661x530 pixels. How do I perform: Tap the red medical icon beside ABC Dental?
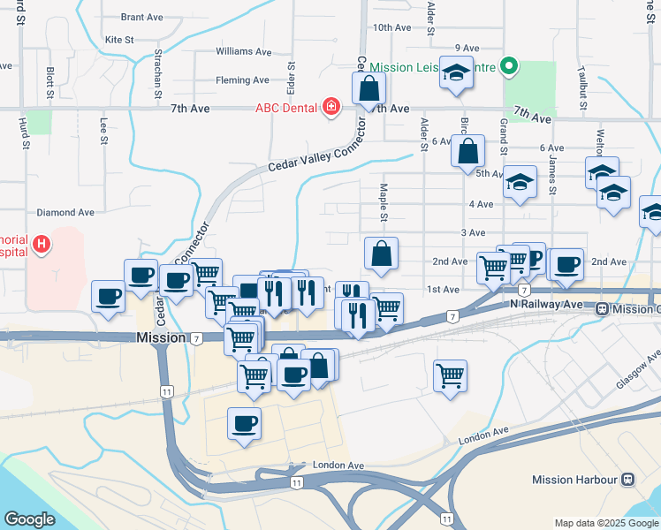click(x=331, y=108)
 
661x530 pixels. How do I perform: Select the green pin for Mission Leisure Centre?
click(x=508, y=65)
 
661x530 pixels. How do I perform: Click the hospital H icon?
click(x=41, y=243)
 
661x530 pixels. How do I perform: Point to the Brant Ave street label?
click(x=143, y=17)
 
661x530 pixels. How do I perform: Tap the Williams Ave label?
click(x=243, y=52)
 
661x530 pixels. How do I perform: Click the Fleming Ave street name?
click(x=242, y=80)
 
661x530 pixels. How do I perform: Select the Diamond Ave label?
click(x=65, y=213)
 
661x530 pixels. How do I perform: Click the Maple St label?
click(x=384, y=202)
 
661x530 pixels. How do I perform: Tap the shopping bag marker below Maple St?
click(x=381, y=254)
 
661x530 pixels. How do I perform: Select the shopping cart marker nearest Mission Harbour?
click(x=450, y=375)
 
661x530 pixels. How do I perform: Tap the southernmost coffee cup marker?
click(x=244, y=423)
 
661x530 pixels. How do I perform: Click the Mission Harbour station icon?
click(x=627, y=480)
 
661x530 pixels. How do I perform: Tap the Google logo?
click(x=29, y=519)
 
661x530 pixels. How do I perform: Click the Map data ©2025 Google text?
click(x=605, y=522)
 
